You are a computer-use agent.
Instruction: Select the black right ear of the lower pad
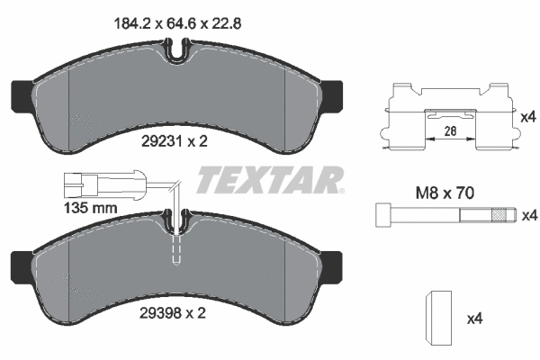332,264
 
